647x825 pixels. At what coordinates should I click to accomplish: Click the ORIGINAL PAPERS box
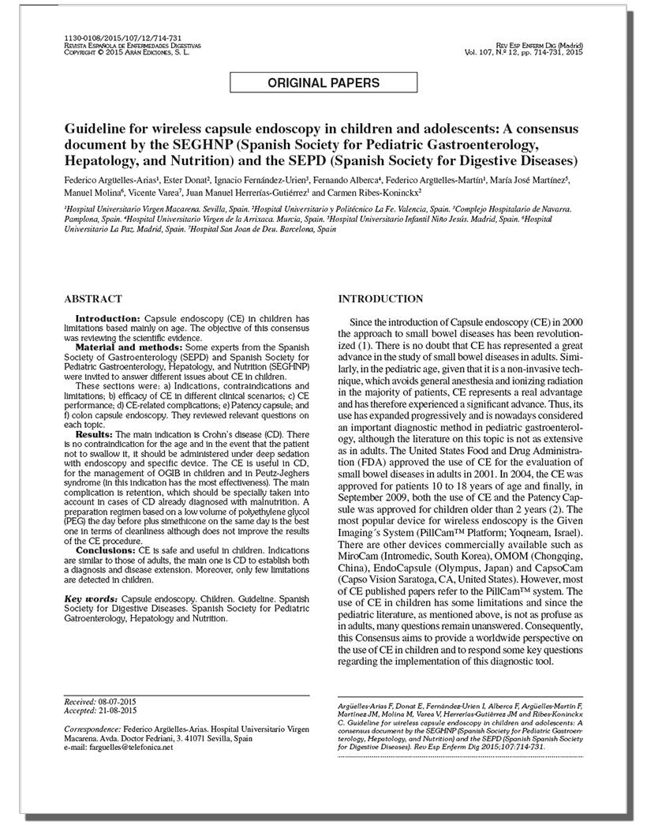tap(323, 83)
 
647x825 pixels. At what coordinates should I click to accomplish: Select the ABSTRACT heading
tap(92, 299)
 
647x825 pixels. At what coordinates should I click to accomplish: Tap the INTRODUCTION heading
tap(380, 299)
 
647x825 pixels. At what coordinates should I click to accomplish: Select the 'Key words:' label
tap(88, 599)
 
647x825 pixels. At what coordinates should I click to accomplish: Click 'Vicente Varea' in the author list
tap(151, 192)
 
